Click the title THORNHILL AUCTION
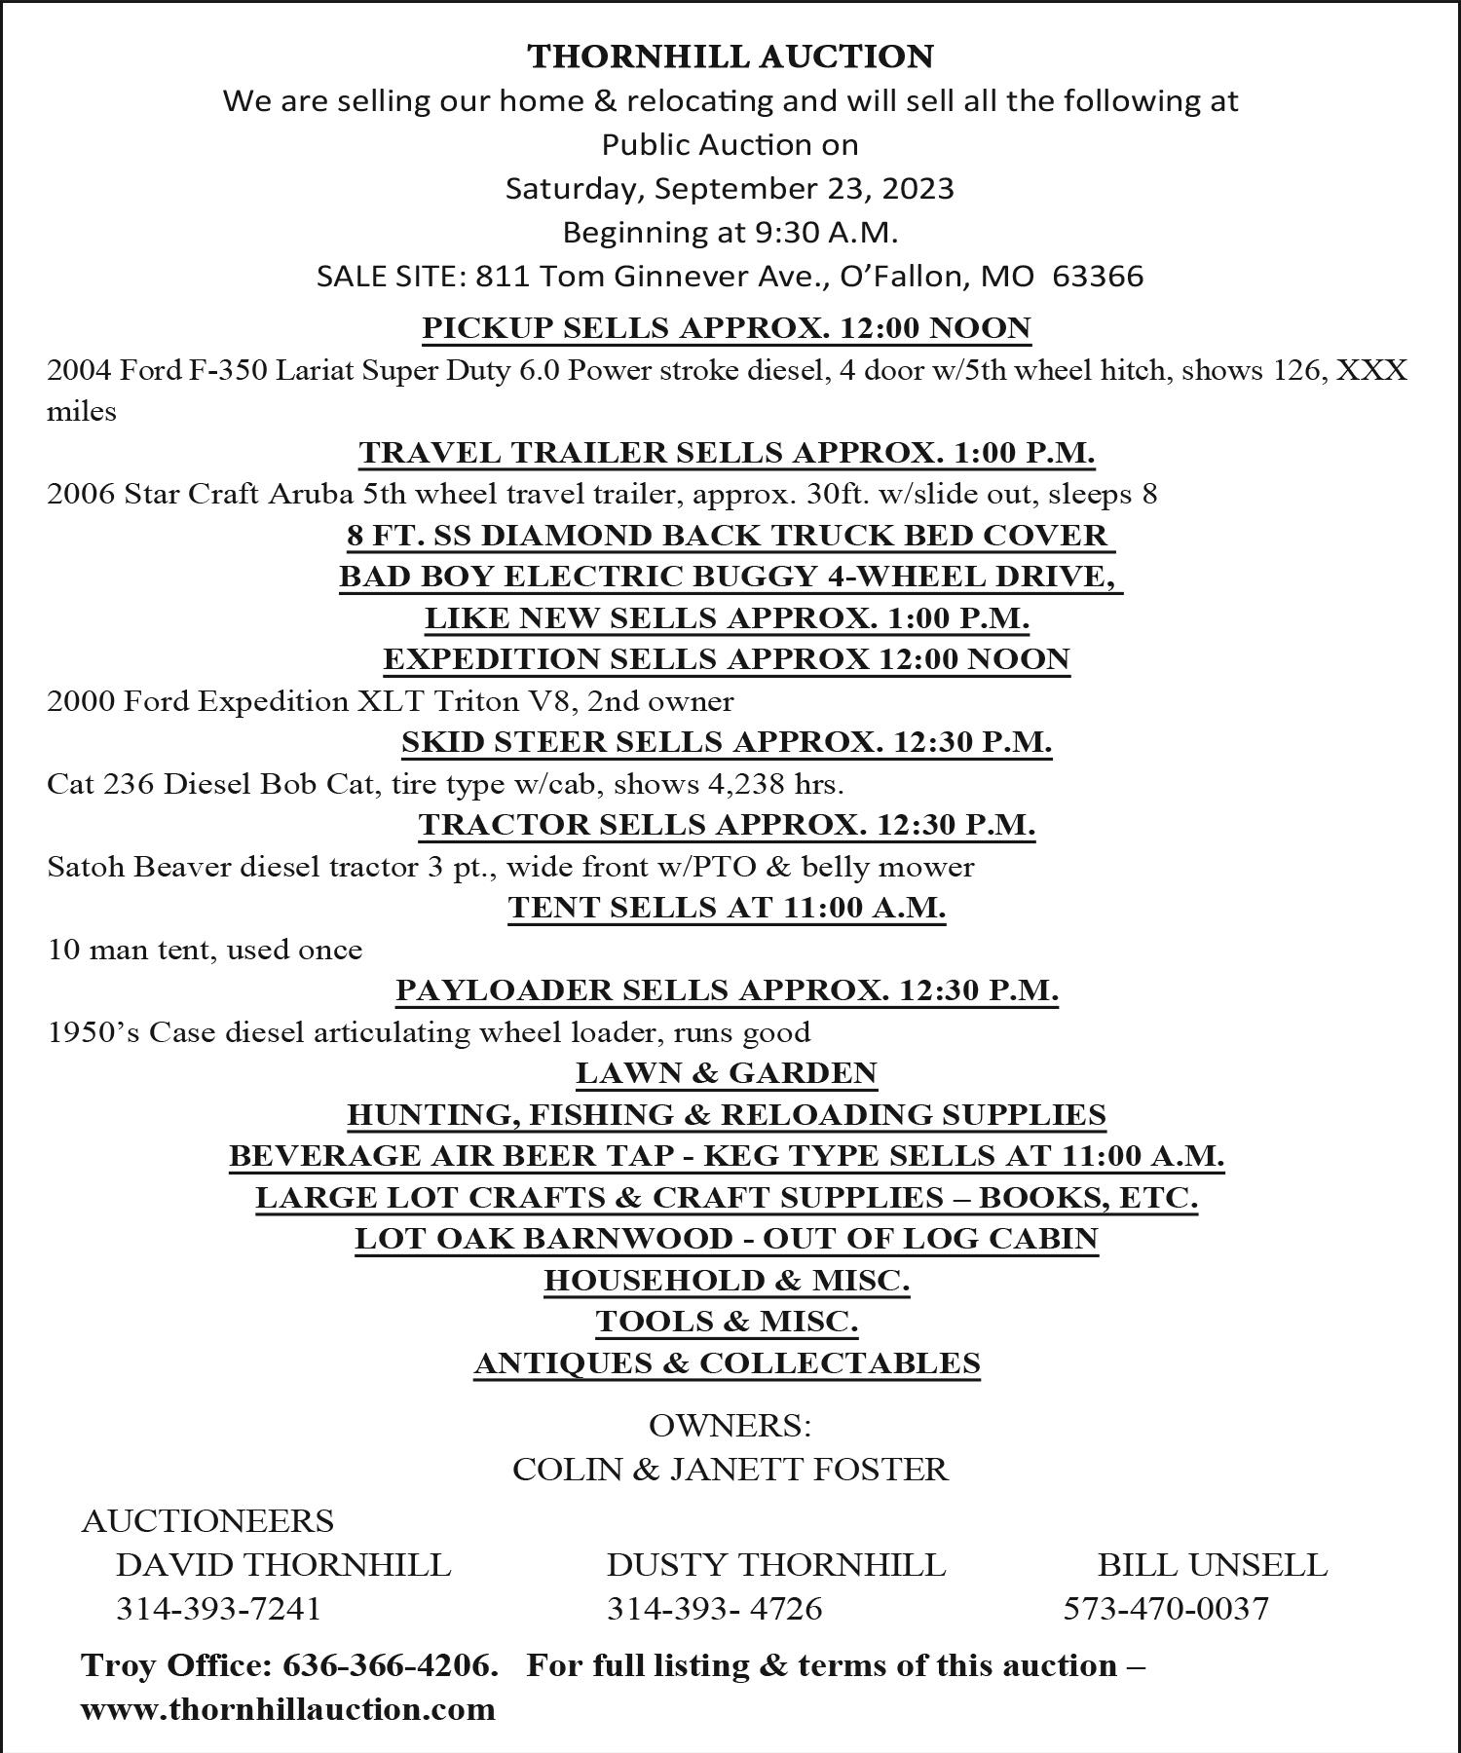point(730,56)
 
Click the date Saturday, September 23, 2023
point(730,188)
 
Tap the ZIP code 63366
point(1098,277)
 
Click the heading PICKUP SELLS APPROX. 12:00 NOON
point(727,328)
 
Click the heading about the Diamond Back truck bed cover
point(728,536)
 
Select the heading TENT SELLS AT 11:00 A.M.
point(727,908)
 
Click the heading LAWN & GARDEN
point(727,1073)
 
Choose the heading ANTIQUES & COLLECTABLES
point(727,1363)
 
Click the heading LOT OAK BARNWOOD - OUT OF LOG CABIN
point(727,1239)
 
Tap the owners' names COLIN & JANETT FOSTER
point(730,1469)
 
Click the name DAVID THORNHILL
point(283,1565)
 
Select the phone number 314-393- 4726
point(714,1608)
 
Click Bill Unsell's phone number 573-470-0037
point(1166,1608)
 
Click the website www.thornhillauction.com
point(288,1709)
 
